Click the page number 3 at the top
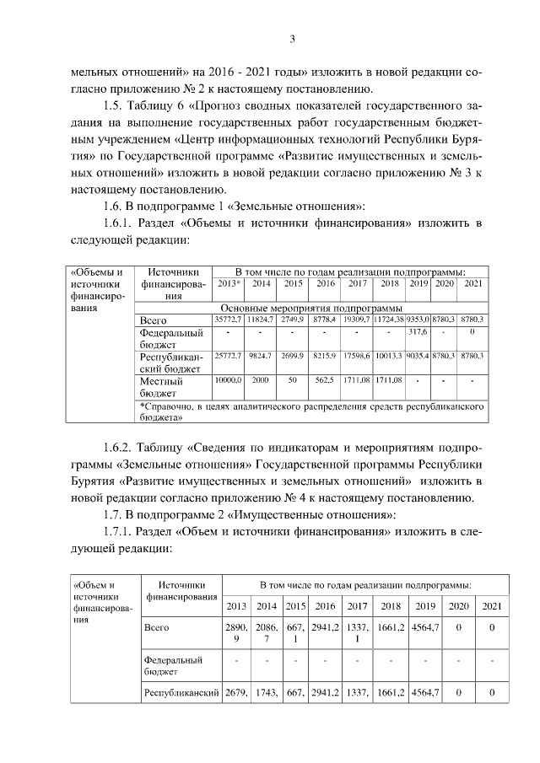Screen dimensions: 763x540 click(291, 38)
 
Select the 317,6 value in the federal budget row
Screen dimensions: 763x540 click(418, 334)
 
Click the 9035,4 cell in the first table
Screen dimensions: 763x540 click(418, 357)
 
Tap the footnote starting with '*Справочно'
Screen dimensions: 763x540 click(312, 411)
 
